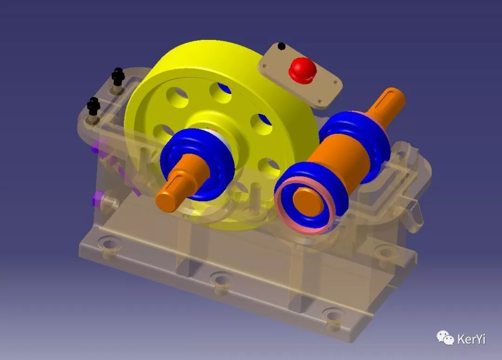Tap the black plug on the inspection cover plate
pos(281,46)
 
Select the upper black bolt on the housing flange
pos(118,77)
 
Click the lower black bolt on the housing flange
pos(93,106)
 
